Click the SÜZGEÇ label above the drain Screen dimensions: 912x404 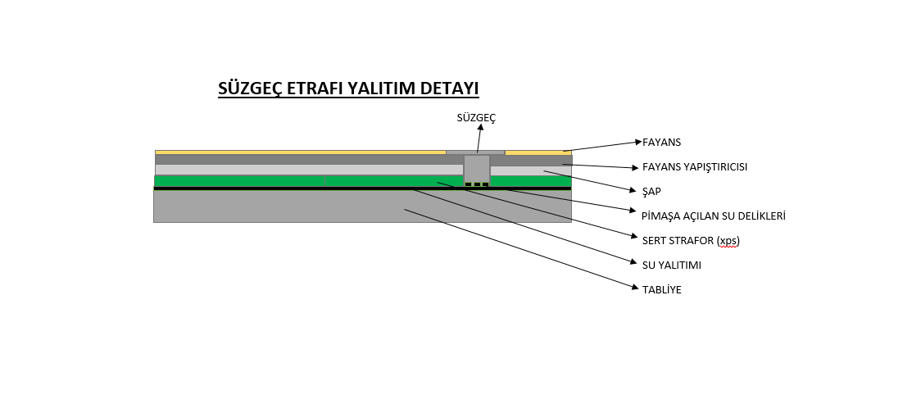tap(476, 117)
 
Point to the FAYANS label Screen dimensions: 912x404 tap(661, 143)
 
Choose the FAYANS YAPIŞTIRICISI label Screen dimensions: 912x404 tap(695, 167)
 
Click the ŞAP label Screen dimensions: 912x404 tap(651, 192)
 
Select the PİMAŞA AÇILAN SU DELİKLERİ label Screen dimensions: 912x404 tap(714, 216)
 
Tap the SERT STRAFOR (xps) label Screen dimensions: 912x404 tap(691, 241)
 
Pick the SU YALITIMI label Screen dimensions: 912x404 tap(672, 266)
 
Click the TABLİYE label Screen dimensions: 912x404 tap(662, 290)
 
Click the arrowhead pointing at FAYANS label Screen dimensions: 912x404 tap(638, 142)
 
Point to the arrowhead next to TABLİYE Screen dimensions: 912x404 tap(636, 287)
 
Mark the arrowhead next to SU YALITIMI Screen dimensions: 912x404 tap(634, 262)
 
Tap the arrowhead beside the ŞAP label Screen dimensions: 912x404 tap(633, 190)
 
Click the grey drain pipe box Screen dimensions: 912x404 tap(477, 170)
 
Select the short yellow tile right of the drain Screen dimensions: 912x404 tap(538, 153)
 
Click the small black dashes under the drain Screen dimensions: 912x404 tap(477, 184)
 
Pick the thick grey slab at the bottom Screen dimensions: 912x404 tap(362, 207)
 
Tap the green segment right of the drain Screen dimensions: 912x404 tap(531, 181)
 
